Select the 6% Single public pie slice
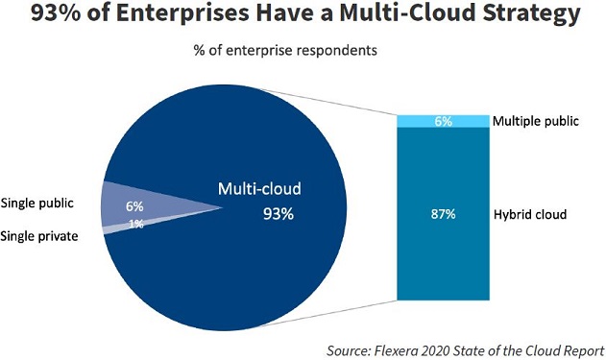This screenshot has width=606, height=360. point(144,204)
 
